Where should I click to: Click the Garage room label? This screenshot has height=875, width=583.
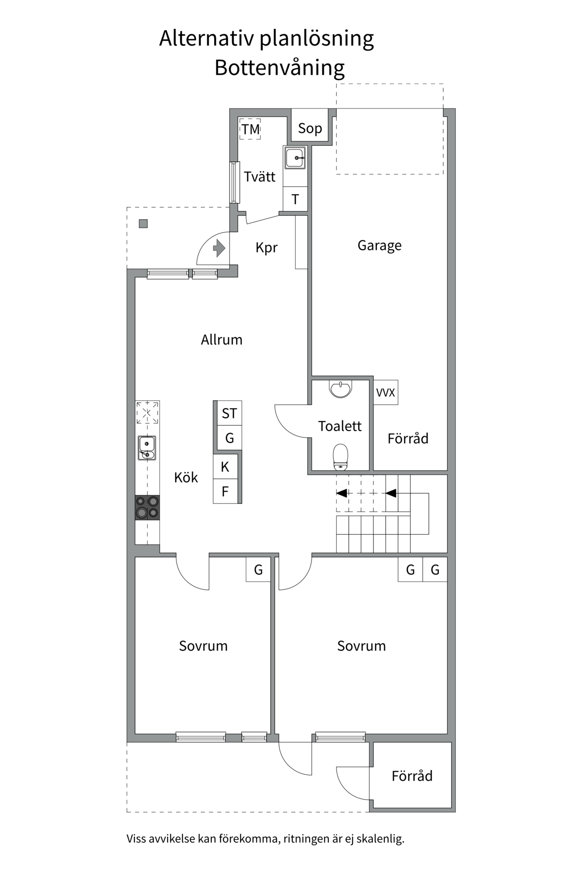[379, 246]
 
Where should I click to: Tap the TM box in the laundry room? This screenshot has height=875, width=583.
[250, 129]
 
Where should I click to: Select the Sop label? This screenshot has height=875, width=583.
[310, 129]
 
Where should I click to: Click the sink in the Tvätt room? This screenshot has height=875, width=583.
[295, 158]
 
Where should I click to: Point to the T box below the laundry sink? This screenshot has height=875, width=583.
[295, 200]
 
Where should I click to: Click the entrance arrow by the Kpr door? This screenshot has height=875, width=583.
[219, 248]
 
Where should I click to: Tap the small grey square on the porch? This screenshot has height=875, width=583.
[143, 224]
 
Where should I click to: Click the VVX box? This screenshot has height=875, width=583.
[385, 392]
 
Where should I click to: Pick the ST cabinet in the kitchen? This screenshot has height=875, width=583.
[229, 413]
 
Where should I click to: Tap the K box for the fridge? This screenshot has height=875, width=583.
[225, 467]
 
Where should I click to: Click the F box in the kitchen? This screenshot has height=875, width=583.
[225, 491]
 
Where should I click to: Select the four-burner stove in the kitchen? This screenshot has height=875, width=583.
[147, 507]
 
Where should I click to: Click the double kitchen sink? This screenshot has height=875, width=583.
[147, 448]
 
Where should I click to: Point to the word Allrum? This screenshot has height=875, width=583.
[221, 340]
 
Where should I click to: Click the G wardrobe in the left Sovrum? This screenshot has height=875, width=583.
[258, 570]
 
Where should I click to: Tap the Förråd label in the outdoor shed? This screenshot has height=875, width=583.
[412, 776]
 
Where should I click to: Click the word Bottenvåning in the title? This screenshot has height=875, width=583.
[279, 68]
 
